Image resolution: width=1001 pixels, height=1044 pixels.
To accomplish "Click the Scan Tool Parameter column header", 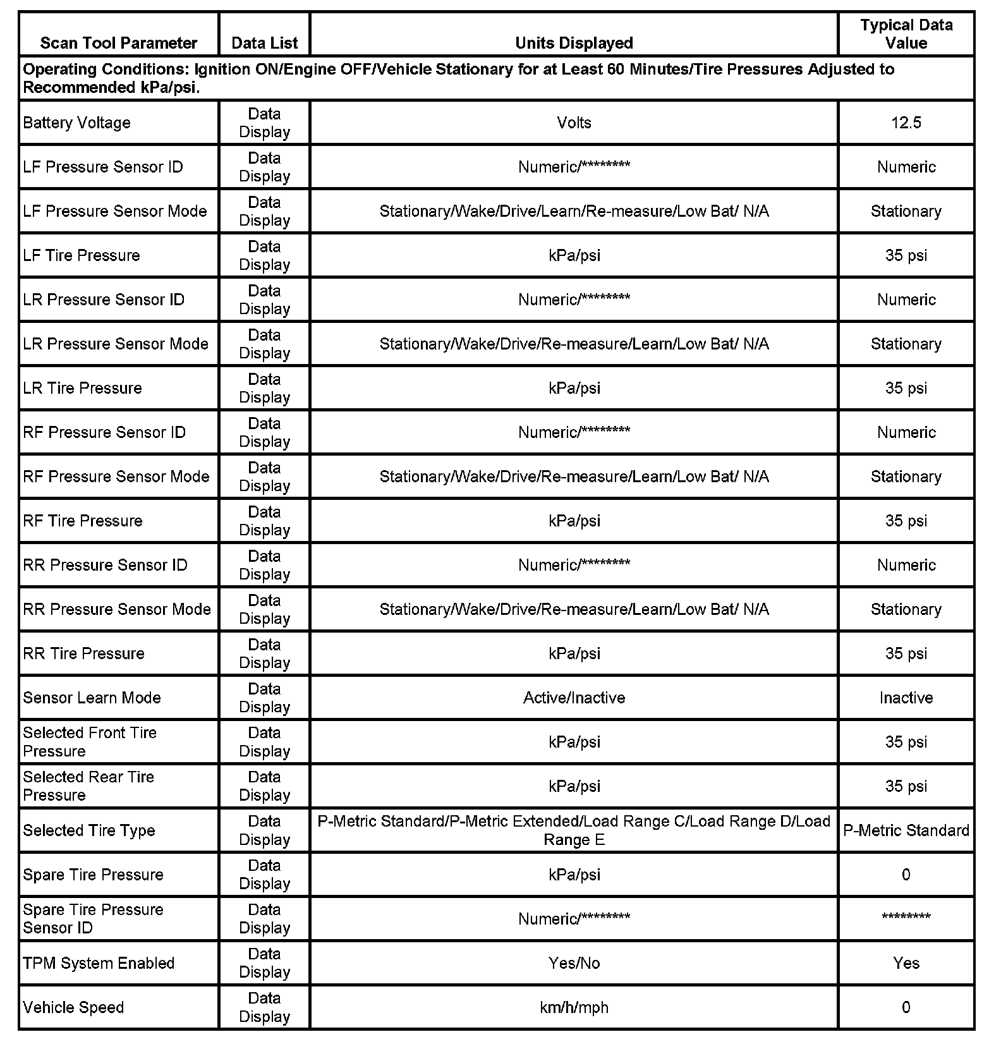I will click(119, 43).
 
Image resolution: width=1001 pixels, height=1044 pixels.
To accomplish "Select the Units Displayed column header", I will click(574, 43).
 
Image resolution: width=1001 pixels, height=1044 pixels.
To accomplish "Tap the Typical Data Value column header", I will click(906, 34).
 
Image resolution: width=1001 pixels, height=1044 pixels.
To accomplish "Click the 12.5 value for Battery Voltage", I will click(906, 123).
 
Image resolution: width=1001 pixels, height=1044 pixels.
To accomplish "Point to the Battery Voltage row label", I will click(77, 123).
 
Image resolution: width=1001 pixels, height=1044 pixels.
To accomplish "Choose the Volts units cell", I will click(574, 123).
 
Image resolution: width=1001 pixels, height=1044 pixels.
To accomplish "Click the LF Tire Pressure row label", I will click(82, 255).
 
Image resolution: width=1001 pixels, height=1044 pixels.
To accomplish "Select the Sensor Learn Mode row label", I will click(92, 698).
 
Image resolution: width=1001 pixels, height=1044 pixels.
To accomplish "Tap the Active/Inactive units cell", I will click(574, 698).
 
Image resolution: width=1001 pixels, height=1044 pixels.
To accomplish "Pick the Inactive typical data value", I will click(906, 698).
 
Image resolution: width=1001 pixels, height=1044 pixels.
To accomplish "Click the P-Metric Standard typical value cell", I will click(906, 830).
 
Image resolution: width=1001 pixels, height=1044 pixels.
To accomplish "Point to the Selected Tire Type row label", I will click(89, 830).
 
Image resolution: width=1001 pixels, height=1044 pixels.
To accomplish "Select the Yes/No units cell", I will click(574, 963).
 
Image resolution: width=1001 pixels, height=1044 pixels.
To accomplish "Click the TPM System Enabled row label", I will click(99, 963).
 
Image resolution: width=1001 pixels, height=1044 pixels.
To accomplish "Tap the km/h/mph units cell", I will click(574, 1007).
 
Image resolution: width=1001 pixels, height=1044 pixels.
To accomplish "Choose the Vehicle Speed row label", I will click(74, 1007).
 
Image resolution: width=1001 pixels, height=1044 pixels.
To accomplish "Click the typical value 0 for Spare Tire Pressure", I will click(906, 875).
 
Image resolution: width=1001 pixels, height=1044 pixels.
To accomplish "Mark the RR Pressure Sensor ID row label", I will click(106, 565).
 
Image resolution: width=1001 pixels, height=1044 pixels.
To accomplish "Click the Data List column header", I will click(265, 43).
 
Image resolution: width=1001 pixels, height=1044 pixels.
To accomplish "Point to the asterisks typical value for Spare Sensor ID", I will click(906, 917).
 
